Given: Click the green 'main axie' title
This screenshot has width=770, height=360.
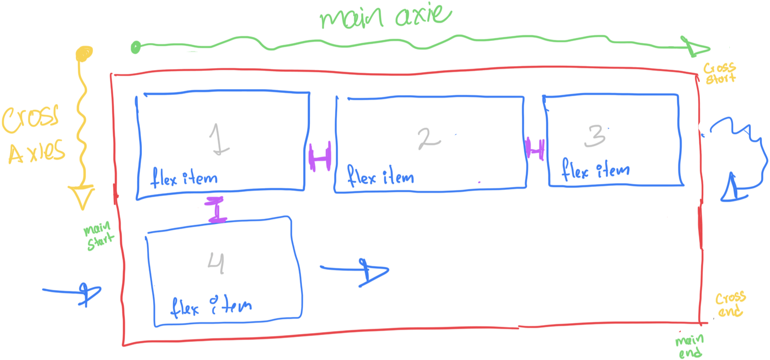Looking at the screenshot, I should tap(385, 16).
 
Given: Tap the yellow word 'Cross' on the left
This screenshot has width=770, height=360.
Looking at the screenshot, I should tap(30, 119).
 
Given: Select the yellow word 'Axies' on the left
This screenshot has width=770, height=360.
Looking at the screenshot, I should tap(37, 153).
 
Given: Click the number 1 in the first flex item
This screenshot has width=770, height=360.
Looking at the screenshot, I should tap(219, 139).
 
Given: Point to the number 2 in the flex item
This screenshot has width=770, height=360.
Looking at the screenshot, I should tap(429, 138).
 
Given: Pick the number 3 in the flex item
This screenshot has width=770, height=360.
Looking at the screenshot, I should tap(595, 136).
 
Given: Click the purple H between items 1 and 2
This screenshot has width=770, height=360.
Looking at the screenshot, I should tap(320, 156).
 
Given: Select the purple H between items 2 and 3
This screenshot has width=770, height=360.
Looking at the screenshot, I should tap(535, 149).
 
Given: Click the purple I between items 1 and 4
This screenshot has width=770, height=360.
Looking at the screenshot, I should tap(216, 209).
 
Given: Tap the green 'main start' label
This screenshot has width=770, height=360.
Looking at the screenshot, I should tap(99, 236).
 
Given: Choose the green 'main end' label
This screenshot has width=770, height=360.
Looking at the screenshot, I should tap(690, 346).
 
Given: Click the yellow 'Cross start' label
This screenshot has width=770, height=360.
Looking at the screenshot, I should tap(720, 73).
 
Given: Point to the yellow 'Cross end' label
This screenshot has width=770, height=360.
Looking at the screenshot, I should tap(730, 305).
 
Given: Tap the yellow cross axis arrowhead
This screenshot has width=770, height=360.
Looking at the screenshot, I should tap(81, 197).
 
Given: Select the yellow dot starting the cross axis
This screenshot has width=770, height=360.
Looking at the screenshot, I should tap(84, 53).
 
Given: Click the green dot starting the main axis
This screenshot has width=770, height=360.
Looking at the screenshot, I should tap(136, 48).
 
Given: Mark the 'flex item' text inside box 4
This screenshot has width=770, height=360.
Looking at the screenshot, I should tap(211, 307).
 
